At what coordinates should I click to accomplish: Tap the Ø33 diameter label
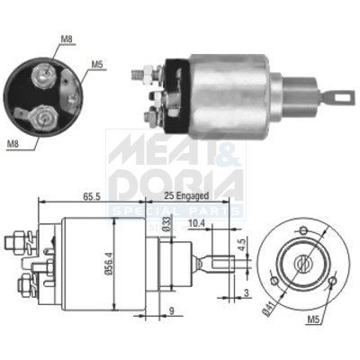pyautogui.click(x=166, y=225)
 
